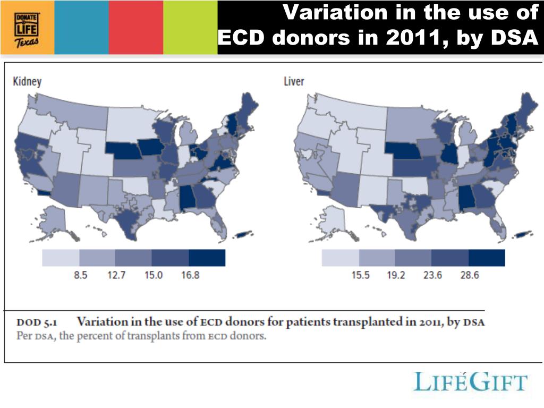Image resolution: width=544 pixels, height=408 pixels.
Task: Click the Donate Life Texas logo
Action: pyautogui.click(x=27, y=27)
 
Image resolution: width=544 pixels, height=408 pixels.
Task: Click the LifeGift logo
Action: pyautogui.click(x=471, y=382)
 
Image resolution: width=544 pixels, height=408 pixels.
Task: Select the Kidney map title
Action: pyautogui.click(x=27, y=82)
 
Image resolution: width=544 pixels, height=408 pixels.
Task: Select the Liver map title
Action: pyautogui.click(x=294, y=82)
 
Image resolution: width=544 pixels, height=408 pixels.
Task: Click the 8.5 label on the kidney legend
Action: pyautogui.click(x=80, y=276)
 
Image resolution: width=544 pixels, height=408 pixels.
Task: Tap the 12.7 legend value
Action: pyautogui.click(x=116, y=276)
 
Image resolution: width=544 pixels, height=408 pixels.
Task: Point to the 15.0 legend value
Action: pyautogui.click(x=154, y=276)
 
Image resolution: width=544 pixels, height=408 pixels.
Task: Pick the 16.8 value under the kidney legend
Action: pyautogui.click(x=190, y=276)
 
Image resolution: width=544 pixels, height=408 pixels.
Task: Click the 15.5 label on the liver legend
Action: pyautogui.click(x=360, y=276)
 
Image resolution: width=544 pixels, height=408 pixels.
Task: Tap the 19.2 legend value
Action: pyautogui.click(x=395, y=276)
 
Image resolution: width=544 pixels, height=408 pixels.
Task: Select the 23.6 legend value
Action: pyautogui.click(x=432, y=276)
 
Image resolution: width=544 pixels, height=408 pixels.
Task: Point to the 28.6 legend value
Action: pyautogui.click(x=469, y=276)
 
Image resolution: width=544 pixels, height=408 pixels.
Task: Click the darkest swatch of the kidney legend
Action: pyautogui.click(x=207, y=258)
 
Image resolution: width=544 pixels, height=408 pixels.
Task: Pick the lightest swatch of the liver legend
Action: pyautogui.click(x=341, y=258)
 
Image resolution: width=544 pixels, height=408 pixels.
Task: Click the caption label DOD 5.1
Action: pyautogui.click(x=37, y=322)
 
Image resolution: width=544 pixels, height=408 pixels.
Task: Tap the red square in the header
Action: pyautogui.click(x=136, y=27)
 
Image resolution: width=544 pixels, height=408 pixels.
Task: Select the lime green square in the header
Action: pyautogui.click(x=190, y=27)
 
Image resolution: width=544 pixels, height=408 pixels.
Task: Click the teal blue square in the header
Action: pyautogui.click(x=81, y=27)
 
